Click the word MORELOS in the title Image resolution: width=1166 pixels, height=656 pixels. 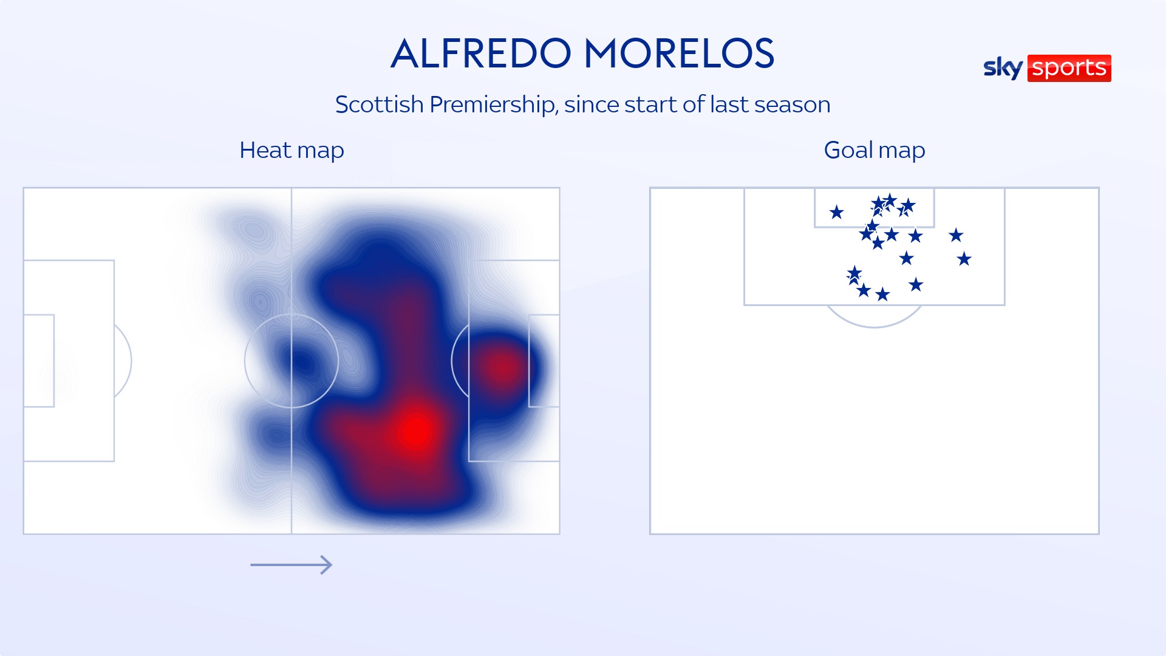[679, 53]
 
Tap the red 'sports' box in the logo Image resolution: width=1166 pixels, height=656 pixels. [1069, 68]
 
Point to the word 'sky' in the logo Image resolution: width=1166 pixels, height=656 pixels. [1003, 68]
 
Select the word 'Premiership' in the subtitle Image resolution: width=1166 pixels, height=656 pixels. [494, 105]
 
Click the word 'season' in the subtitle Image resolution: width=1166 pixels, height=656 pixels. [793, 105]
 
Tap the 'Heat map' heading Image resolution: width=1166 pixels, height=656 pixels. [291, 150]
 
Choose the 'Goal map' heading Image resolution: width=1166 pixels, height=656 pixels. [874, 150]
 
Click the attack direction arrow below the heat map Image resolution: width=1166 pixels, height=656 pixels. [291, 565]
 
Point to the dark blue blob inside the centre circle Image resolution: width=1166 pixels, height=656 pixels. [302, 363]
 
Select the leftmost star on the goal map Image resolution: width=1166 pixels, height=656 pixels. [837, 212]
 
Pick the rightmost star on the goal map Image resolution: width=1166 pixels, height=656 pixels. [964, 259]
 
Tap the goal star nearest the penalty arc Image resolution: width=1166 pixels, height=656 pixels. [883, 295]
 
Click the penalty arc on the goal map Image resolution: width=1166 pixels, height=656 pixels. [874, 327]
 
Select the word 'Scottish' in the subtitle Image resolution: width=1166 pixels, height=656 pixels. [380, 105]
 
